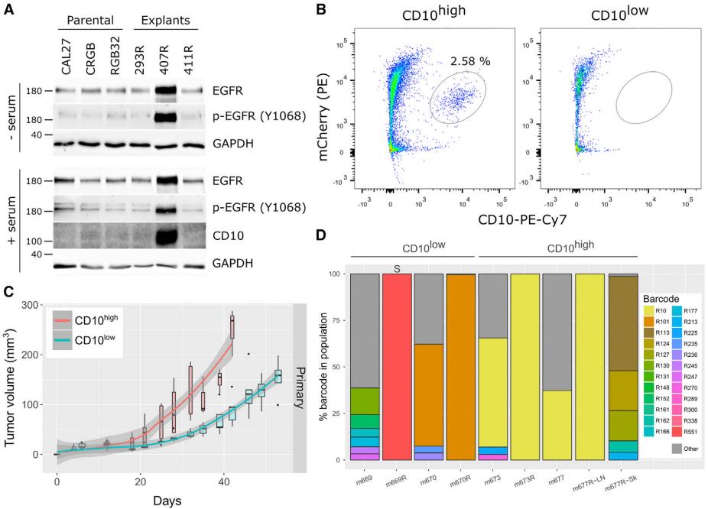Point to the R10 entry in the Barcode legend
pos(644,311)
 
